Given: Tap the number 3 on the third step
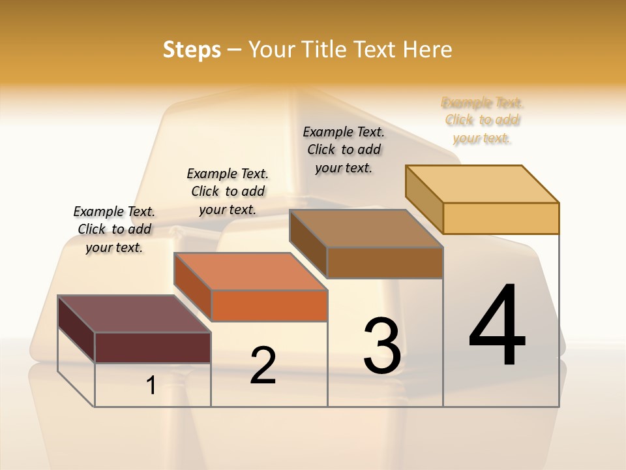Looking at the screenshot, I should pyautogui.click(x=382, y=346).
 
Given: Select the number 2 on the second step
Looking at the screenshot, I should pyautogui.click(x=263, y=366).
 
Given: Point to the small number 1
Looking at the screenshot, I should pyautogui.click(x=151, y=385).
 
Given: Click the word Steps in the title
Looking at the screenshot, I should pyautogui.click(x=192, y=50).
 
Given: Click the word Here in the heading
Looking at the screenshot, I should pyautogui.click(x=428, y=50).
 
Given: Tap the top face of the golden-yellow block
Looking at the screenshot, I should pyautogui.click(x=483, y=183).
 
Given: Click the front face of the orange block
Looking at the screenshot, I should pyautogui.click(x=270, y=305).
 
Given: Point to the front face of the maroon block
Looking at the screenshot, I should pyautogui.click(x=153, y=347).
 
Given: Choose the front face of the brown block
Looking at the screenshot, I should pyautogui.click(x=385, y=262).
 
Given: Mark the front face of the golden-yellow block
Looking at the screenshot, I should pyautogui.click(x=501, y=218).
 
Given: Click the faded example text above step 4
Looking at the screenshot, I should pyautogui.click(x=483, y=120).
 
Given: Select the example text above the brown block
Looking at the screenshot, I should pyautogui.click(x=344, y=149).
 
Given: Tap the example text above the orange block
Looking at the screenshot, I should pyautogui.click(x=228, y=191).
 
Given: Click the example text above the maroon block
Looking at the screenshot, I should pyautogui.click(x=114, y=229).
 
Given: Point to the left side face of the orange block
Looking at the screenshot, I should pyautogui.click(x=193, y=287).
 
